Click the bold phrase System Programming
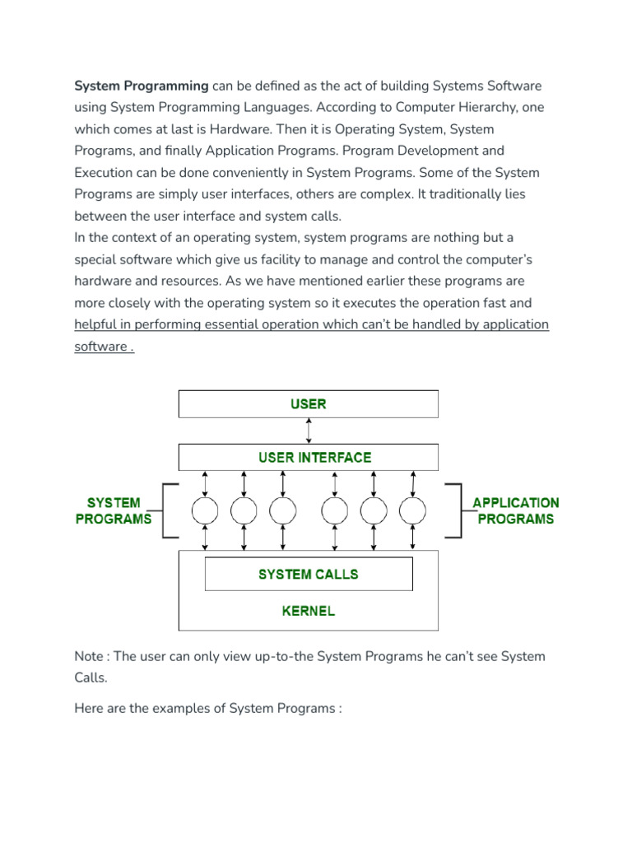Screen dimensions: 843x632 [142, 86]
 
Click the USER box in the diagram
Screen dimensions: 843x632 [309, 404]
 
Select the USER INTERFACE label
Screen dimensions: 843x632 [314, 457]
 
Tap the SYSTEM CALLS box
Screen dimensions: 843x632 [309, 574]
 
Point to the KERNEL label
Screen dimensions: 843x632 [309, 611]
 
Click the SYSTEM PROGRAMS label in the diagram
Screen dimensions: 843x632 [114, 510]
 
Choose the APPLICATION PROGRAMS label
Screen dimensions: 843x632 [515, 510]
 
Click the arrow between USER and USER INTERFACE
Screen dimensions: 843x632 [309, 431]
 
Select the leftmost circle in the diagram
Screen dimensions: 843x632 [205, 511]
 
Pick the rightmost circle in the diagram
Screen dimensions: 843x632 [413, 511]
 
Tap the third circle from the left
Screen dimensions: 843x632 [283, 511]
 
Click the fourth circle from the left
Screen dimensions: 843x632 [335, 511]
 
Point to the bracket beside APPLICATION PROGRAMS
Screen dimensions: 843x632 [453, 511]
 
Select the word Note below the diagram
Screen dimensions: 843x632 [90, 656]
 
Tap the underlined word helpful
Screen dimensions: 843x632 [97, 324]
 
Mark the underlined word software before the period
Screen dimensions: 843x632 [100, 346]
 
